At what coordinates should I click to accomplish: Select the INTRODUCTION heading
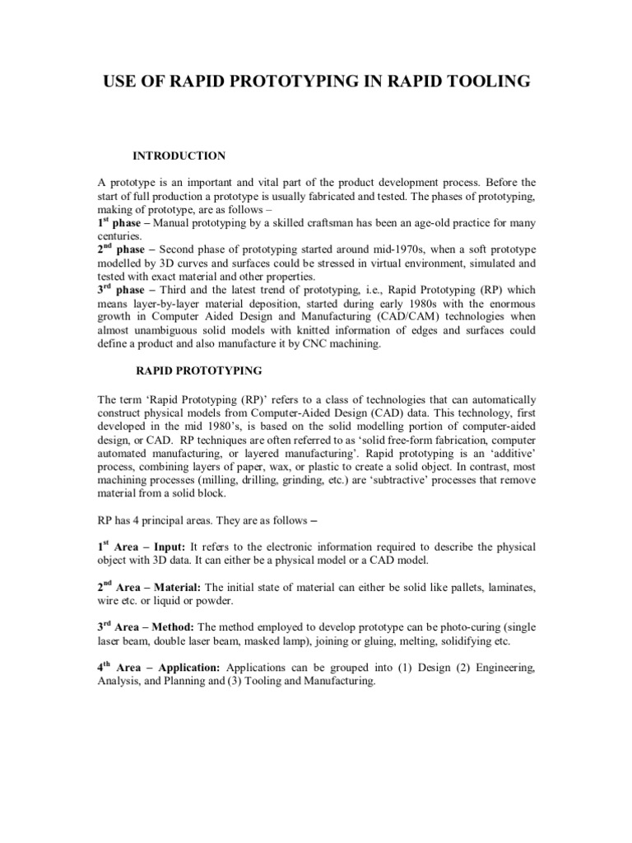(179, 156)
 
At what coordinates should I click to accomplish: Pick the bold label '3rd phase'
(123, 290)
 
